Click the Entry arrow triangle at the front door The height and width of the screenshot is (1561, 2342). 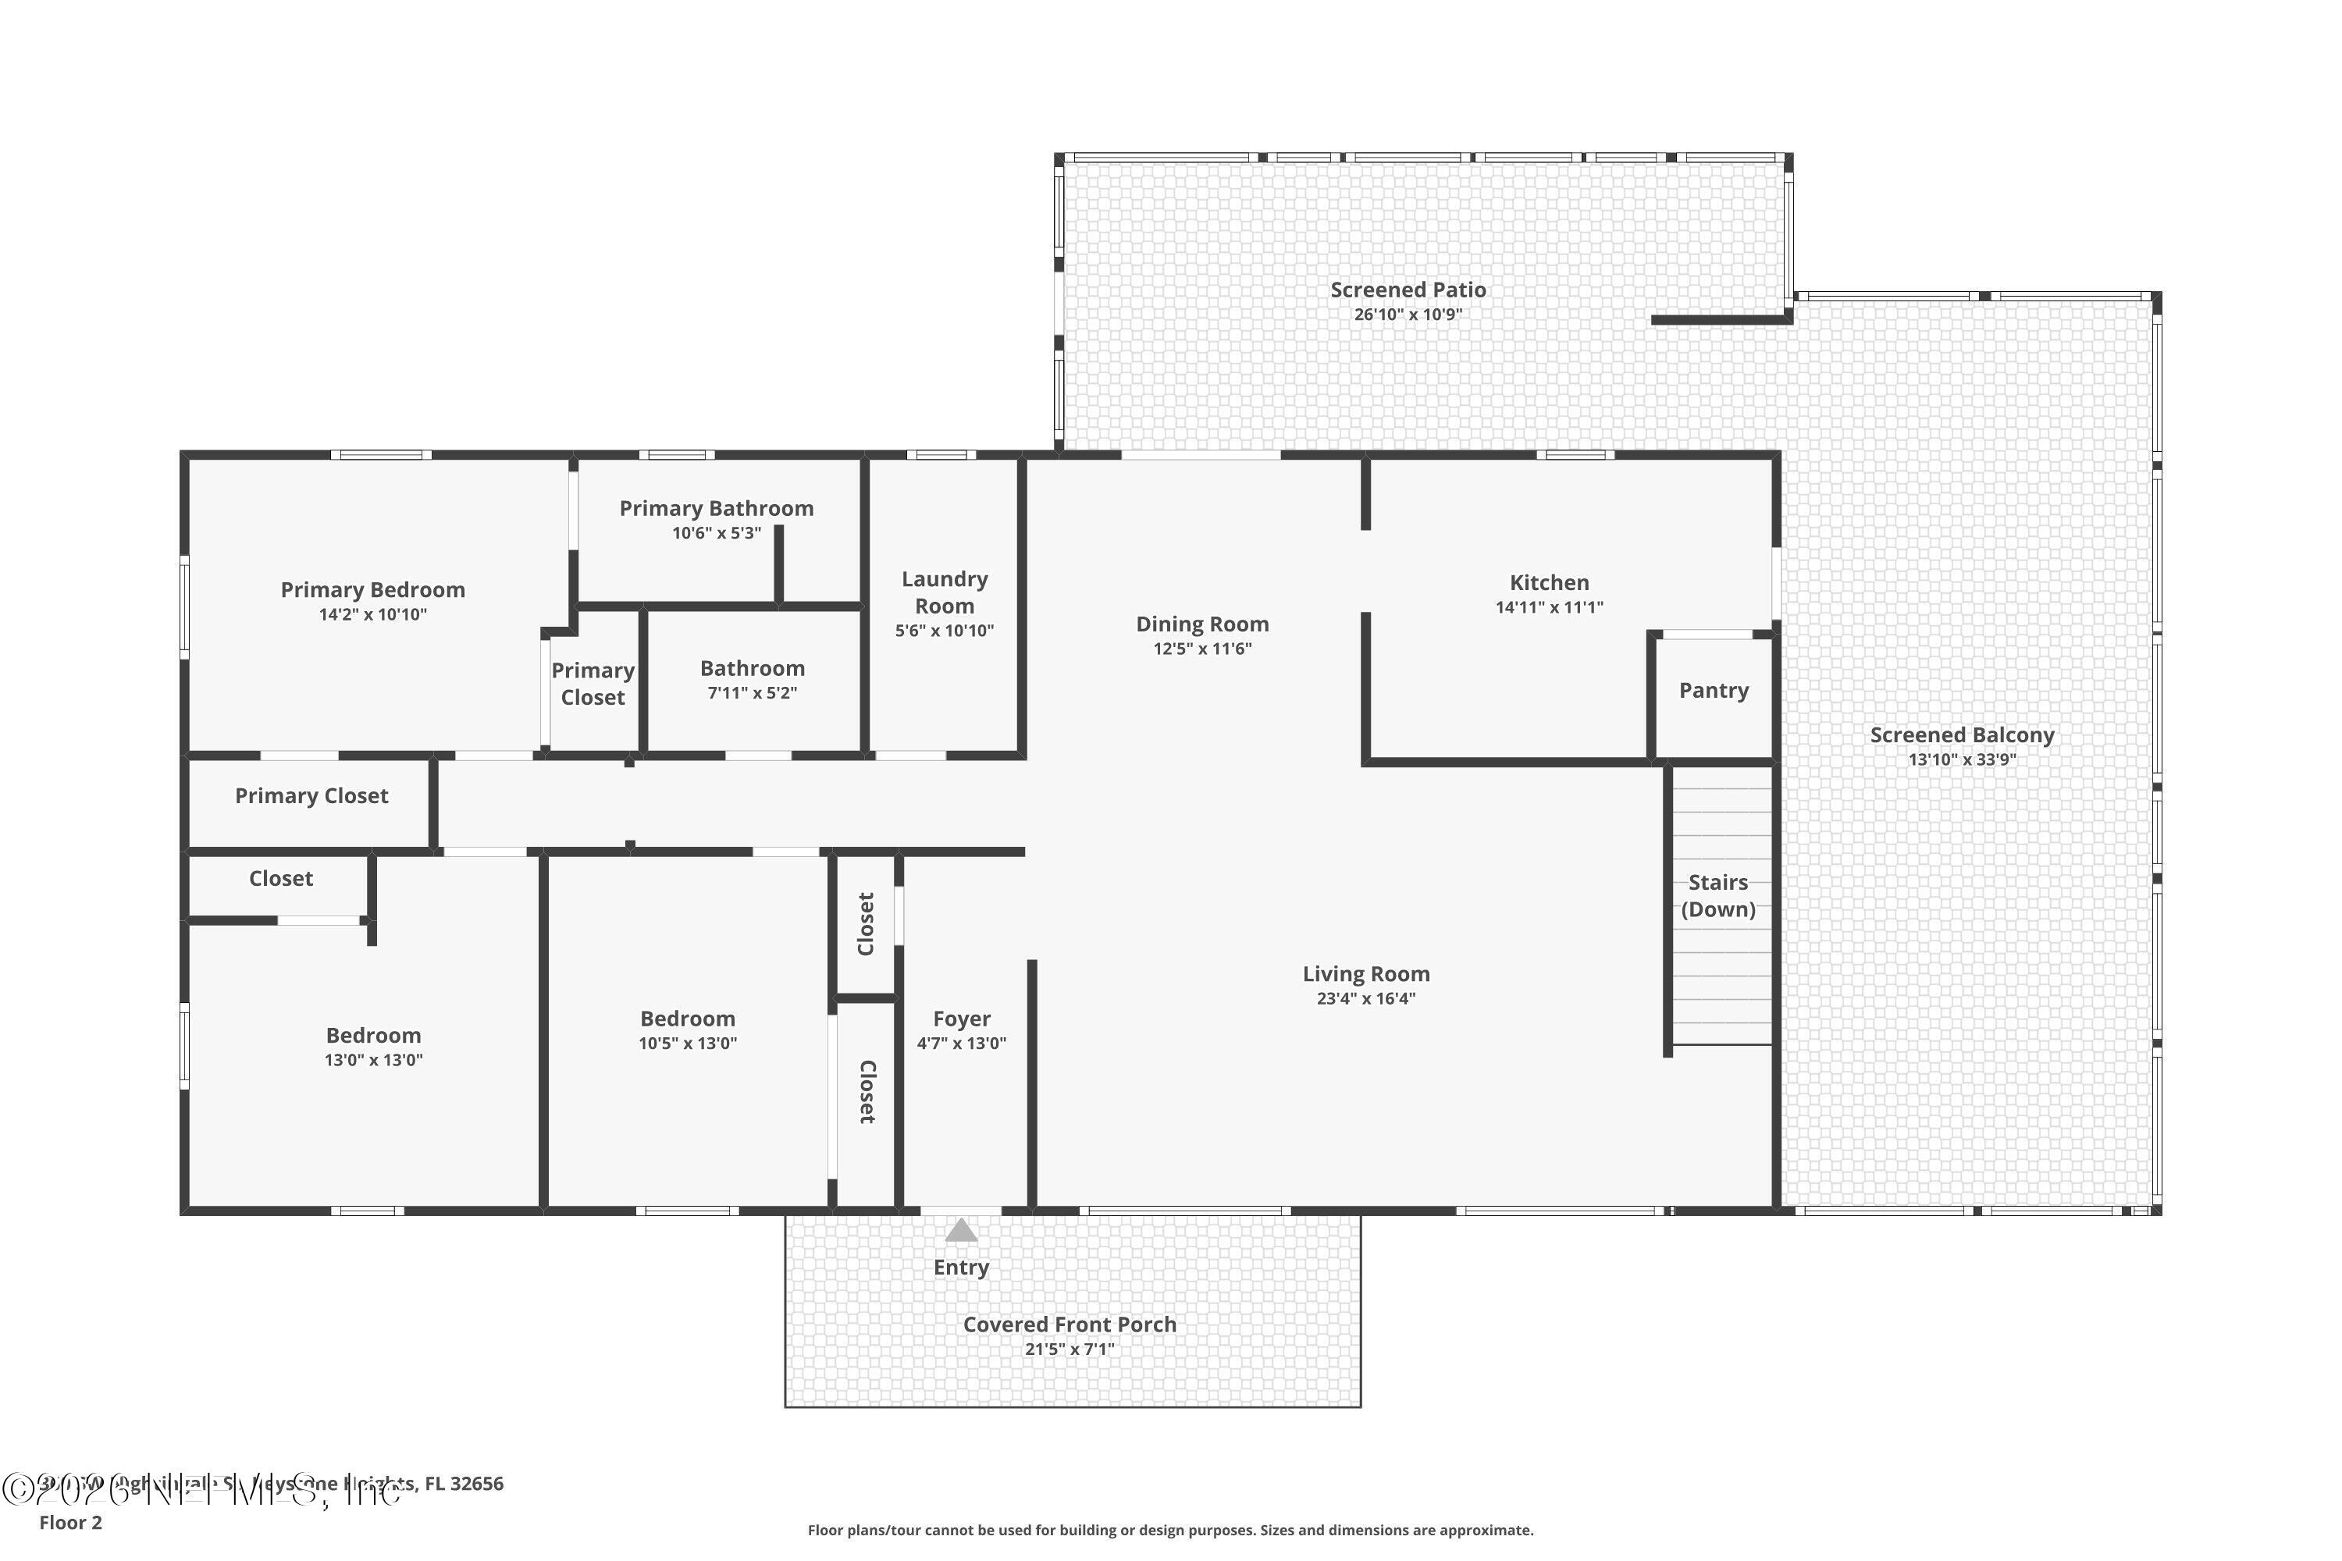(961, 1231)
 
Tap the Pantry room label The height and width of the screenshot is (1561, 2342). (1713, 690)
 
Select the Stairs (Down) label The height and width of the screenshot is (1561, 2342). (1717, 895)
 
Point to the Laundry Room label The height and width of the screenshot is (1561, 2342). (944, 592)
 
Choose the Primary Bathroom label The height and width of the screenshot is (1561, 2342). (716, 508)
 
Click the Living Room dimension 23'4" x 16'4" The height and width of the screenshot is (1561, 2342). (1365, 998)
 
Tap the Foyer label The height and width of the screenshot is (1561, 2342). (961, 1019)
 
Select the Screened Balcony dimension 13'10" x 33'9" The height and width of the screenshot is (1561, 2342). (1962, 759)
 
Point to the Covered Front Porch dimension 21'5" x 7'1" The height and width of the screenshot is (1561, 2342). (1070, 1349)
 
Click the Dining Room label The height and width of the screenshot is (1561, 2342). (1202, 624)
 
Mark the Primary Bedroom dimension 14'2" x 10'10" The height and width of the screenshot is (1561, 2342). (372, 614)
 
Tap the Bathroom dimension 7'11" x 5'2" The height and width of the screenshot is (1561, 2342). (752, 693)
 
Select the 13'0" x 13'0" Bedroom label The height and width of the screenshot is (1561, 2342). (373, 1036)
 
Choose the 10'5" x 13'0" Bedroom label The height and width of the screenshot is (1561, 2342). (687, 1019)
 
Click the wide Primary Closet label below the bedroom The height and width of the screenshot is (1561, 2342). (311, 795)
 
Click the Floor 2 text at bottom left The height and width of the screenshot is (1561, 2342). (71, 1522)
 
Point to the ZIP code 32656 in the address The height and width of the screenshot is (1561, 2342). (477, 1484)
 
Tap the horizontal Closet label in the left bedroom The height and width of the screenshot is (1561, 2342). (281, 878)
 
